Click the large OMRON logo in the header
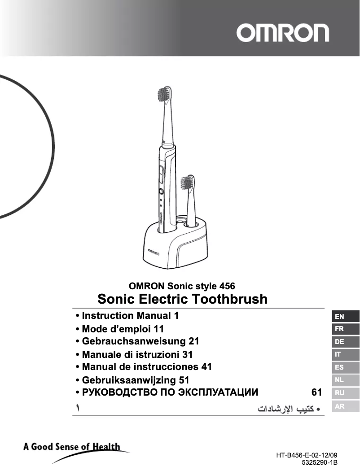(283, 33)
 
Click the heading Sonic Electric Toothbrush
(182, 299)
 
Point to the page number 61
(316, 392)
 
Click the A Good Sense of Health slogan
(72, 447)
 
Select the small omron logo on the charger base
(151, 252)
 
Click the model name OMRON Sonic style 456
(182, 286)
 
